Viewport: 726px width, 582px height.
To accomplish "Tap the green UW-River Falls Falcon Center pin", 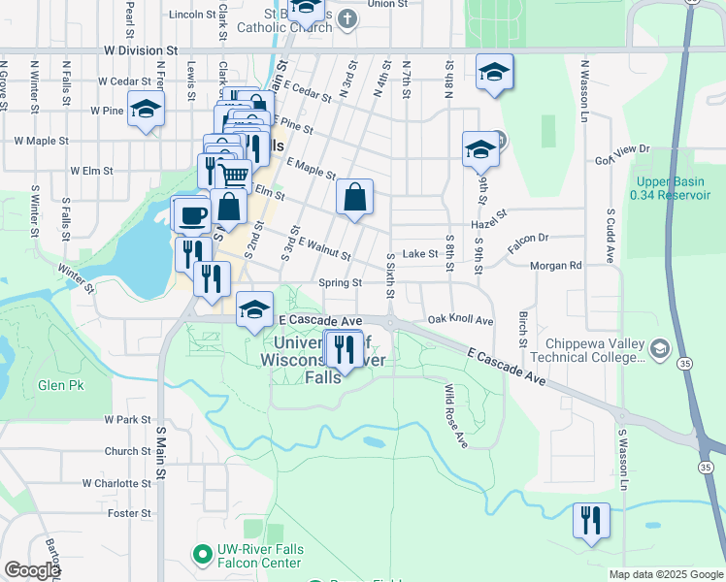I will [202, 555].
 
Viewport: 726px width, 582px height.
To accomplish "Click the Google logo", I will [32, 570].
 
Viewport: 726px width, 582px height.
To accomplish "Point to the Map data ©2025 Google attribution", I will [666, 574].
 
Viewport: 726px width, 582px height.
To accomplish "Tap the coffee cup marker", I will [190, 214].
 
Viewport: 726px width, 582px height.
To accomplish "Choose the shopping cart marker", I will [233, 176].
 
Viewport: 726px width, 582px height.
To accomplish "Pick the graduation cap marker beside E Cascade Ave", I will [255, 310].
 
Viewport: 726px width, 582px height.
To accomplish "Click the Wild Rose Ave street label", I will [455, 416].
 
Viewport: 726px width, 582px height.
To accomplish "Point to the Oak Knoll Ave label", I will [460, 320].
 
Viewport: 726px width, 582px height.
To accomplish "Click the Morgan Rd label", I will [555, 265].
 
